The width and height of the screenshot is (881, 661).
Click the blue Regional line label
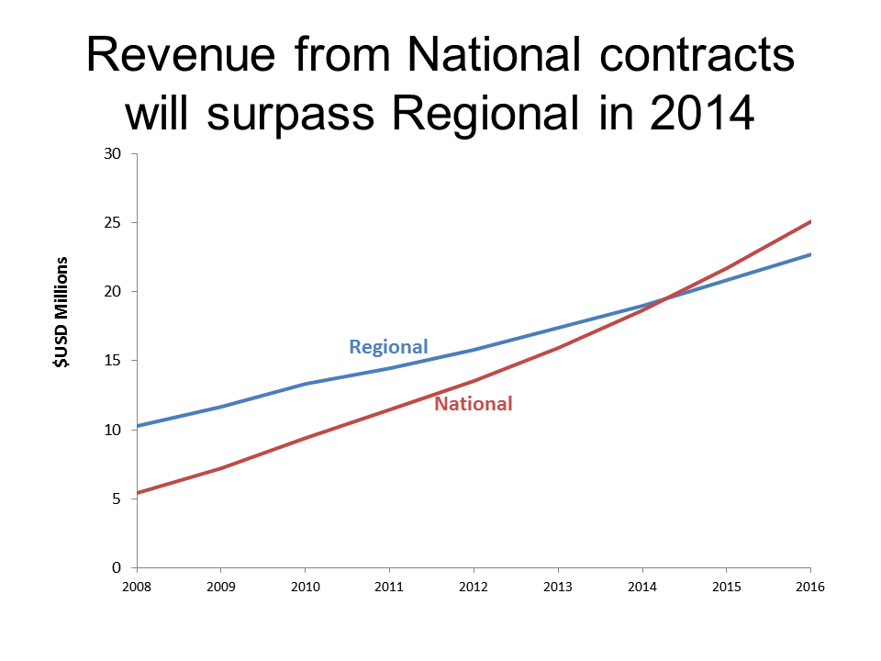pos(388,347)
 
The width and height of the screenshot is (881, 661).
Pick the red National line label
pos(473,403)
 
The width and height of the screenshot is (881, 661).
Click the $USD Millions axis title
pos(61,314)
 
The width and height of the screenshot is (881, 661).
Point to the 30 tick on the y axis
pos(114,153)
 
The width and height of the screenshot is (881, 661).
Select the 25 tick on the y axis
pos(114,222)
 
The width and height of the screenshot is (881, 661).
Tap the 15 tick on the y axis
pos(114,360)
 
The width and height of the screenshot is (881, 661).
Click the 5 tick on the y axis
pos(117,499)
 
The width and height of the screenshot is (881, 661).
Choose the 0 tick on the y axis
pos(117,567)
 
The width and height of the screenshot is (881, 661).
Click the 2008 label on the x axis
pos(136,586)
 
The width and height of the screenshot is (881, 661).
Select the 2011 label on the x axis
pos(389,586)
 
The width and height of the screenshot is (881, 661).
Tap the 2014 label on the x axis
pos(642,586)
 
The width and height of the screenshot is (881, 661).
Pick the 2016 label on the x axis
pos(810,586)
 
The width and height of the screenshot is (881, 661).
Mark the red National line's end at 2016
pos(810,221)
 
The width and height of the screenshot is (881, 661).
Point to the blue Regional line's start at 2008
pos(137,426)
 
